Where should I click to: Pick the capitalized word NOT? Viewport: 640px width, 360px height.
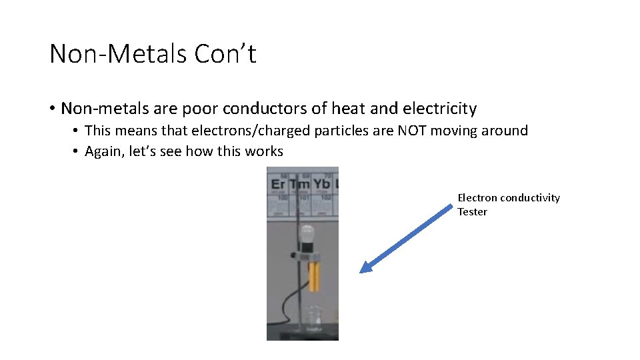coord(412,131)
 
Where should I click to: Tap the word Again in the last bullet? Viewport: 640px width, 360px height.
coord(103,151)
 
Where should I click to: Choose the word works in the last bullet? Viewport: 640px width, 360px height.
coord(263,151)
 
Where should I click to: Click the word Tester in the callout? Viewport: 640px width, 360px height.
coord(472,212)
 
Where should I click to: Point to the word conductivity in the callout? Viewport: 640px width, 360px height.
coord(530,198)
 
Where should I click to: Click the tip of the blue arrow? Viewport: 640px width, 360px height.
coord(362,271)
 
